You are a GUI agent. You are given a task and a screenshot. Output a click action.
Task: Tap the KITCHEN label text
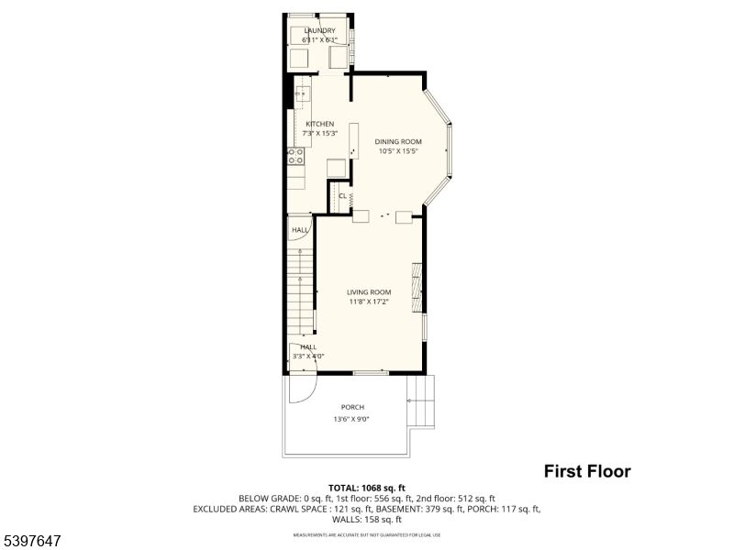(x=320, y=124)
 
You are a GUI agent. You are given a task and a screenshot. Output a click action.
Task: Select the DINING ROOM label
(x=398, y=141)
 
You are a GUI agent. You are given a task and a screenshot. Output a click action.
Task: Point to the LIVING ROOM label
(x=369, y=292)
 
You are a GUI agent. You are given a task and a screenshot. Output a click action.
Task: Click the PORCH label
(x=352, y=407)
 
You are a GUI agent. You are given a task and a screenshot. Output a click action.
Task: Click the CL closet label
(x=342, y=196)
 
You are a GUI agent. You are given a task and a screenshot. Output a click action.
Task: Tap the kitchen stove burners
(x=295, y=156)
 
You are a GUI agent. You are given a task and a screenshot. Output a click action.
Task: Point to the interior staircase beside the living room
(x=300, y=293)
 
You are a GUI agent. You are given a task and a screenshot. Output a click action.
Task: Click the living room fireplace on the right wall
(x=417, y=288)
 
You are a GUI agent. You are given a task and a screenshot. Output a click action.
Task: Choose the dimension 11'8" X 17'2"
(x=369, y=302)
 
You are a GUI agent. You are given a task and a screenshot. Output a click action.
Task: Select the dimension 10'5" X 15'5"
(x=398, y=151)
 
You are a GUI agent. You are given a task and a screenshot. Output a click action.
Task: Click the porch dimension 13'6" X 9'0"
(x=352, y=419)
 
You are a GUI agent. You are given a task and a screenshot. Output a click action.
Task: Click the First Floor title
(x=587, y=472)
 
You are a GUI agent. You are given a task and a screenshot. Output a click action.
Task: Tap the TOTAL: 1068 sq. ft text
(x=367, y=488)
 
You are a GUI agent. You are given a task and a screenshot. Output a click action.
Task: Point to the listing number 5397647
(x=32, y=542)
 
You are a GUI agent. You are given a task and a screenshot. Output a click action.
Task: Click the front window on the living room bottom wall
(x=370, y=372)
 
